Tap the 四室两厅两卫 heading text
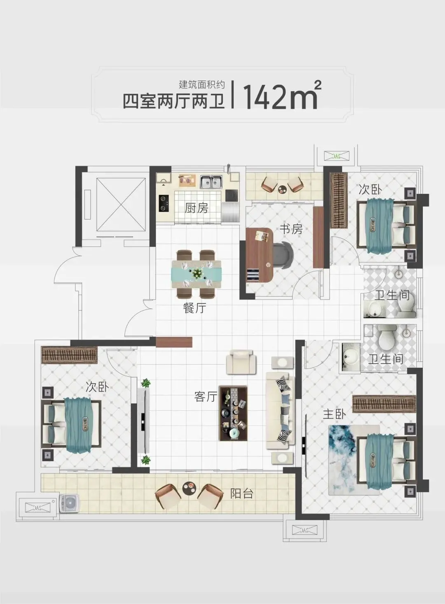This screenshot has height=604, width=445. coord(174,101)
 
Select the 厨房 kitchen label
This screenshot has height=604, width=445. coord(196,208)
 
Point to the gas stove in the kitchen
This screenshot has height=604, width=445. coord(164,203)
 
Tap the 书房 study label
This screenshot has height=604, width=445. coord(291,229)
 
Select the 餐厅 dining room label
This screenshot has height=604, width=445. coord(194,308)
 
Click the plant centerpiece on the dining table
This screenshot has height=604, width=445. coord(197,274)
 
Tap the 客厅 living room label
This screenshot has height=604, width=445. coord(206,397)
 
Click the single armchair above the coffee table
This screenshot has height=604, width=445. coord(241,362)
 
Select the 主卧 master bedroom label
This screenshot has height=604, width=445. coord(334,414)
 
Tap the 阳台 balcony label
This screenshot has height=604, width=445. coord(242,493)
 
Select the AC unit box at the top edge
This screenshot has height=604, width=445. coord(336,155)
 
